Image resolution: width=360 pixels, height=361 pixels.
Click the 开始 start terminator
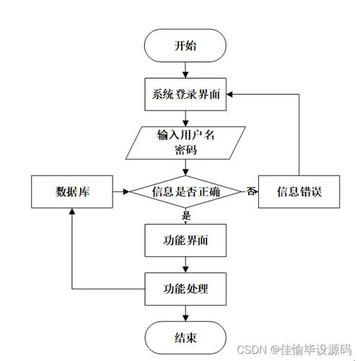tap(185, 45)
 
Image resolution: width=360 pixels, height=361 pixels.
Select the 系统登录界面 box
tap(185, 95)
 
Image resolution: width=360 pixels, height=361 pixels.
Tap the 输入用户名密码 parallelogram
tap(185, 143)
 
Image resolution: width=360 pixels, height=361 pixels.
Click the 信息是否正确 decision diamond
tap(185, 191)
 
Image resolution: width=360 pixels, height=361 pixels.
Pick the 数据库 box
tap(72, 191)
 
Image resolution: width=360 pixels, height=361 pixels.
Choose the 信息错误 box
tap(299, 191)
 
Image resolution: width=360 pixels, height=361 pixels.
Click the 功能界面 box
tap(185, 240)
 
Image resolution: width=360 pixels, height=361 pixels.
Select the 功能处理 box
tap(185, 289)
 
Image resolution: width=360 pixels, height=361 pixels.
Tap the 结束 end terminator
tap(185, 337)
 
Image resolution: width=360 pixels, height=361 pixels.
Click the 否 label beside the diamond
tap(250, 191)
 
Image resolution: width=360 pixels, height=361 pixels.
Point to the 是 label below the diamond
tap(186, 215)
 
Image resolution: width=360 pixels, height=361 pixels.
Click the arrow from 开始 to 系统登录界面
tap(185, 70)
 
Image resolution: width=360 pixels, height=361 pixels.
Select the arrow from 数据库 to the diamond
tap(121, 191)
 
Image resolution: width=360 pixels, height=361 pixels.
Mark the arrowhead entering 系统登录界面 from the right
tap(229, 95)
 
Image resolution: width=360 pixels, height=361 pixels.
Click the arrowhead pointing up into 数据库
tap(72, 212)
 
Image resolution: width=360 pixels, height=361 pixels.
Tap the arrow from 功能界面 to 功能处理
tap(185, 265)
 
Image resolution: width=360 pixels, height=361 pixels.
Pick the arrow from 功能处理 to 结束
tap(185, 313)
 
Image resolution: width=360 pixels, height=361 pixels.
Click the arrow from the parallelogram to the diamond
tap(185, 168)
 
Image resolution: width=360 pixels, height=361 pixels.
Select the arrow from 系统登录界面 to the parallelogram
tap(185, 118)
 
